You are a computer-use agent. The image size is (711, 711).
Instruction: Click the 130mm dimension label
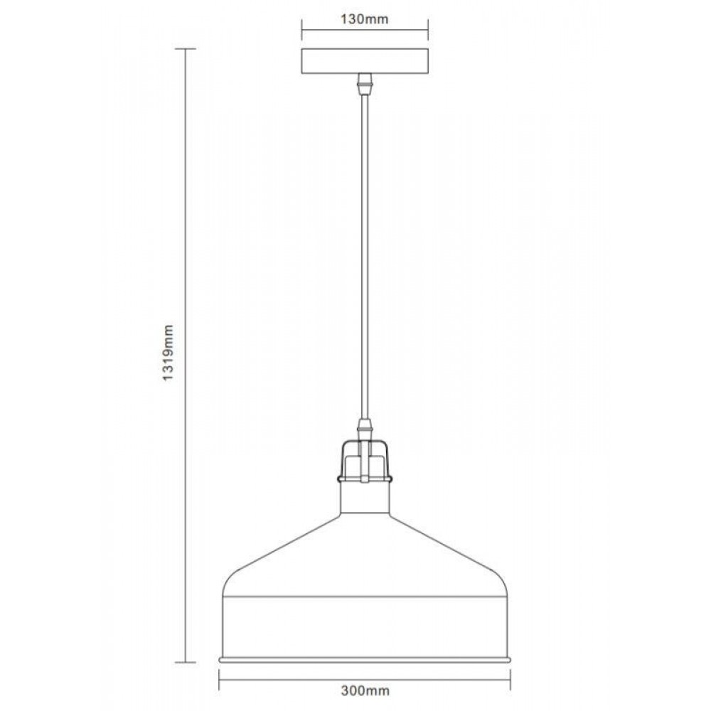coord(365,19)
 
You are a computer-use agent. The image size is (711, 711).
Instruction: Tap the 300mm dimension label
coord(365,690)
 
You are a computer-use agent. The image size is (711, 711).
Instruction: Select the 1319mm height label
coord(169,353)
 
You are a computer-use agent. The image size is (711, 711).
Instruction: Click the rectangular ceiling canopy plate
coord(365,60)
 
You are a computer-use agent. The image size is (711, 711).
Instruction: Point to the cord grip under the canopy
coord(365,84)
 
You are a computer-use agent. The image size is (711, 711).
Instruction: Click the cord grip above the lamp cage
coord(365,429)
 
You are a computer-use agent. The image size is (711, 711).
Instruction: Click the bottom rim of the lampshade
coord(365,659)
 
